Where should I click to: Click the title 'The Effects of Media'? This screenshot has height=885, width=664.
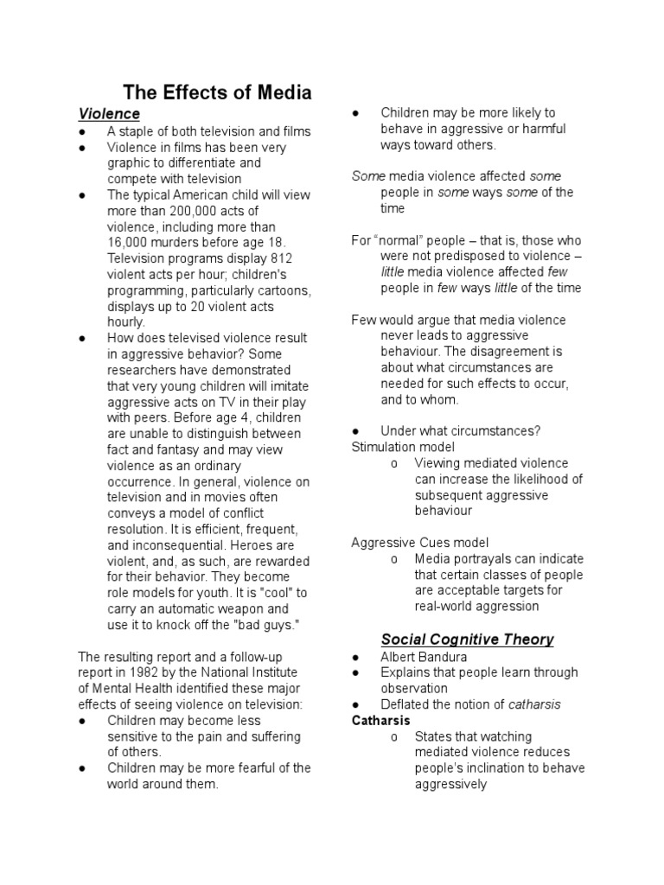point(217,92)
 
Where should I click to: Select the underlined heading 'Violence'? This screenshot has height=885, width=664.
point(109,114)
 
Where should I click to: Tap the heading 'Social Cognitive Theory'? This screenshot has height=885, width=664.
point(467,640)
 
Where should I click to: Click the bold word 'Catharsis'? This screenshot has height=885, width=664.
point(380,720)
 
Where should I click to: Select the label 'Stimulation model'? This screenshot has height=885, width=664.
point(403,447)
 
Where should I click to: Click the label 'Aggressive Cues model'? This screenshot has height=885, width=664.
point(419,543)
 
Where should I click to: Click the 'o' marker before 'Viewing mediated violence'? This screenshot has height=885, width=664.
point(393,463)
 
